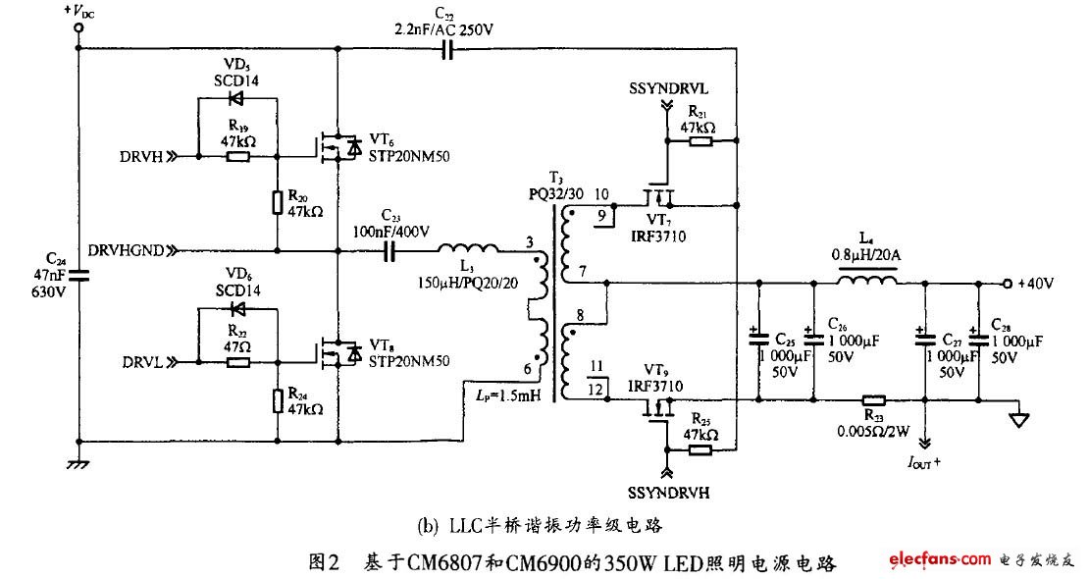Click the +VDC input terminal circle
pyautogui.click(x=78, y=29)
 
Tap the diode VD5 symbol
pyautogui.click(x=234, y=98)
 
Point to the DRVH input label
pyautogui.click(x=143, y=155)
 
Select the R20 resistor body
pyautogui.click(x=278, y=202)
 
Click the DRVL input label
pyautogui.click(x=144, y=361)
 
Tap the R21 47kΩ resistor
pyautogui.click(x=700, y=141)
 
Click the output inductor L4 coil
pyautogui.click(x=865, y=282)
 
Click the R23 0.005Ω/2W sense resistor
pyautogui.click(x=872, y=400)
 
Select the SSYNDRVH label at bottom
pyautogui.click(x=667, y=490)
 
